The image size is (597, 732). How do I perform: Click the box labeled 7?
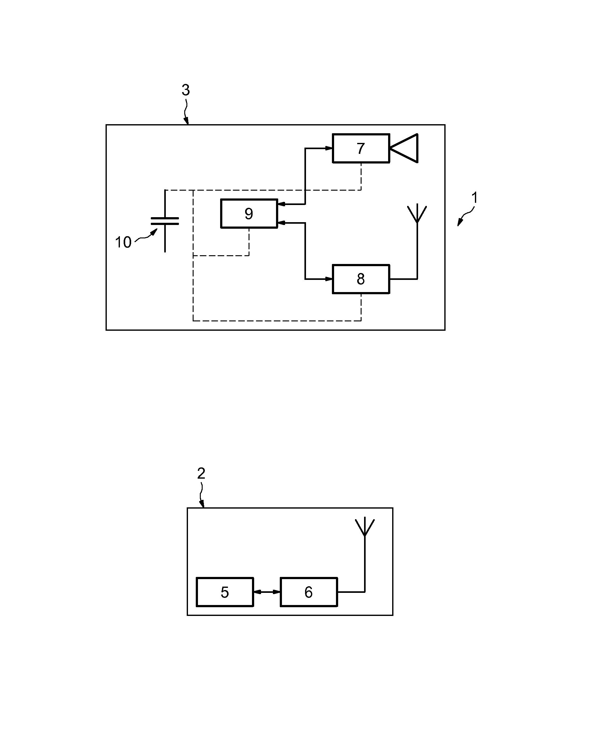[x=361, y=148]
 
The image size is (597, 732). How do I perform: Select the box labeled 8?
[x=361, y=279]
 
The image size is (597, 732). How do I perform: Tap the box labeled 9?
[x=249, y=213]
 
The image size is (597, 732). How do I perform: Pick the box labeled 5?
[x=225, y=592]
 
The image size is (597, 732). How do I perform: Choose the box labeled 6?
[x=309, y=592]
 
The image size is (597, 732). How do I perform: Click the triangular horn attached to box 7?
[x=404, y=148]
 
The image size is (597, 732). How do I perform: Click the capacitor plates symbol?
[x=165, y=221]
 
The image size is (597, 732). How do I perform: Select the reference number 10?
[x=123, y=242]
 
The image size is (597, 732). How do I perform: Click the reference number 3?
[x=186, y=90]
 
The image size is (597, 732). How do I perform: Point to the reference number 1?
[x=475, y=198]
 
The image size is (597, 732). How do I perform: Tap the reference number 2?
[x=201, y=474]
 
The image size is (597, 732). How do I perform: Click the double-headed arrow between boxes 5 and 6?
[x=267, y=592]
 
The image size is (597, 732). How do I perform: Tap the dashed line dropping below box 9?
[x=249, y=242]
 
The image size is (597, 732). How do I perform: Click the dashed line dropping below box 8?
[x=361, y=307]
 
